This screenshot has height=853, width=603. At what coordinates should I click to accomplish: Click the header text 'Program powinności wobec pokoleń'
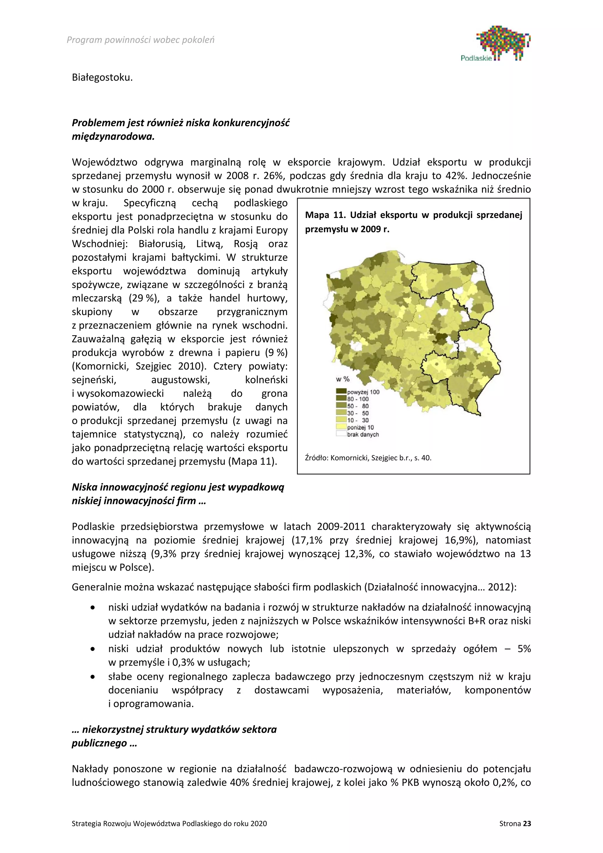tap(140, 40)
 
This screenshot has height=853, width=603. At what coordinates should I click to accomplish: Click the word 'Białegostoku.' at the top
tap(102, 78)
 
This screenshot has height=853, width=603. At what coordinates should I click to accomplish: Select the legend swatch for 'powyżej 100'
tap(341, 391)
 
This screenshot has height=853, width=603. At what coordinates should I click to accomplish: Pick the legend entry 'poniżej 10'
tap(360, 427)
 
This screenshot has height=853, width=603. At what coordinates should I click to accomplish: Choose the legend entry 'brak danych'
tap(363, 434)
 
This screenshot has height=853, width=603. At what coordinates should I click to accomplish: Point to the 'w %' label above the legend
tap(343, 379)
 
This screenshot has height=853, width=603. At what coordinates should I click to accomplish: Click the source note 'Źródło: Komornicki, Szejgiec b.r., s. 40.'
tap(368, 458)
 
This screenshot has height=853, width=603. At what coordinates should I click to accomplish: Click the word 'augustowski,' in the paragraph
tap(180, 380)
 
